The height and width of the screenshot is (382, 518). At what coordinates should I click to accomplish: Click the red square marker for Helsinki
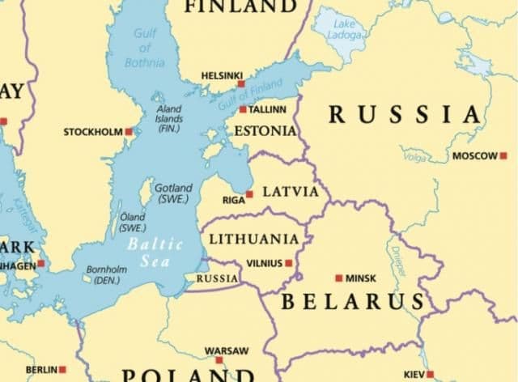tap(240, 83)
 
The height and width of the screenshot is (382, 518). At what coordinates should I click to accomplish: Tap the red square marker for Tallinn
tap(243, 109)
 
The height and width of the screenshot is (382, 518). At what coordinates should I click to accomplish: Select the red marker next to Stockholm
tap(129, 131)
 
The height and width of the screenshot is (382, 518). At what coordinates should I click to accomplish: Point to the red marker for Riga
tap(249, 194)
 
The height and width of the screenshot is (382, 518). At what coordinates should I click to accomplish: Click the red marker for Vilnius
tap(289, 263)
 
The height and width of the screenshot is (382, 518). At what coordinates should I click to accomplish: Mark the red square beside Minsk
tap(338, 278)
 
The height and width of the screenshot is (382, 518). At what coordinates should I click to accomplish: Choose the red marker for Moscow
tap(503, 155)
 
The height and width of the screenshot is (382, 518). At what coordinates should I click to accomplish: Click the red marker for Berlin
tap(62, 370)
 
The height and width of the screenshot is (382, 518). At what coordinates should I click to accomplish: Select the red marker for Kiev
tap(430, 374)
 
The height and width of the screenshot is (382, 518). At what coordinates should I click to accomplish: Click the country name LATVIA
tap(291, 193)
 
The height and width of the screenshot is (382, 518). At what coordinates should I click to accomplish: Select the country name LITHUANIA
tap(253, 239)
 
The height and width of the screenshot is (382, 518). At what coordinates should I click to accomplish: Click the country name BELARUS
tap(353, 302)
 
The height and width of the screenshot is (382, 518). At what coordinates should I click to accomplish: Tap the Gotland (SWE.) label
tap(172, 193)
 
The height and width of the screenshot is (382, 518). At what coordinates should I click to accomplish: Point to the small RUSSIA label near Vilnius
tap(217, 278)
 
